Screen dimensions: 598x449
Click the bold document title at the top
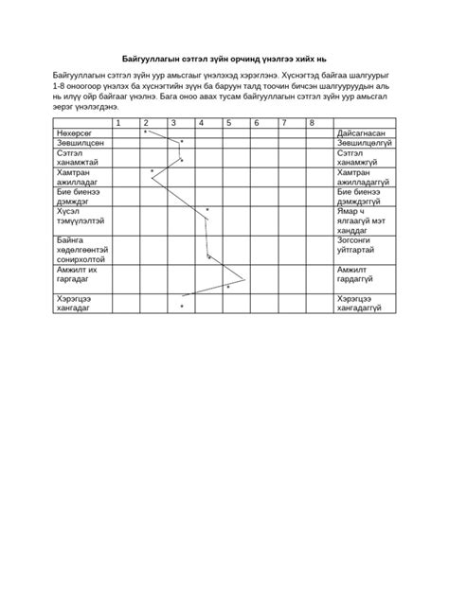224,56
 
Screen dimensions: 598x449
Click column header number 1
118,123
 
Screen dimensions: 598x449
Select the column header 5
228,123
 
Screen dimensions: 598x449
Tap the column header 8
311,123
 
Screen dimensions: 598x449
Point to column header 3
173,123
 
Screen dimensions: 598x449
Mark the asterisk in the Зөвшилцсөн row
181,143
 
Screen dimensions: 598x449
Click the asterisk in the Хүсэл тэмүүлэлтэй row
207,210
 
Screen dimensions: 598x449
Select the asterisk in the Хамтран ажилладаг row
152,171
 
